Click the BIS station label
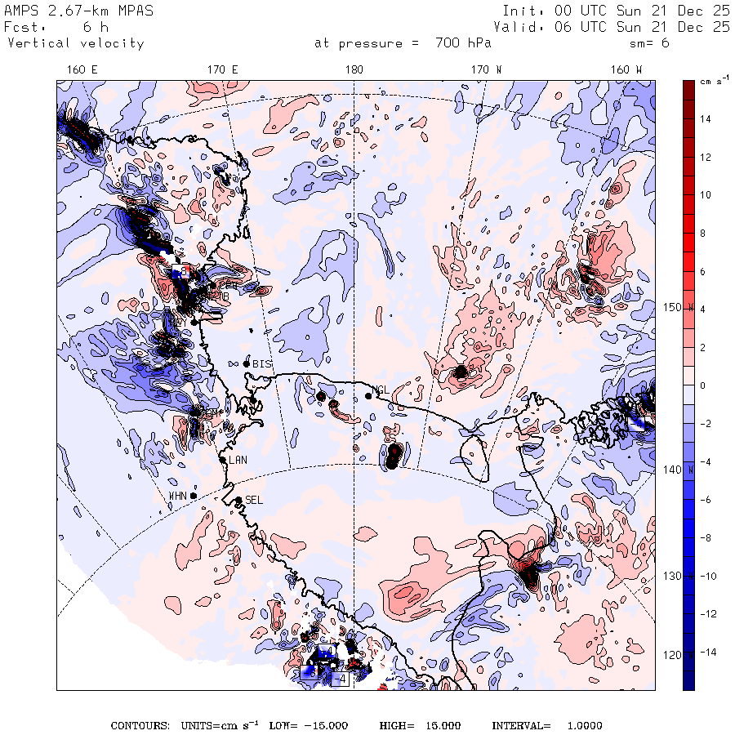(x=262, y=363)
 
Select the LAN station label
(x=238, y=460)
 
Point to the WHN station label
(x=178, y=496)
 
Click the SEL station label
(x=254, y=500)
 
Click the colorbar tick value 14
(x=704, y=119)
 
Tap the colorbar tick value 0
(x=704, y=385)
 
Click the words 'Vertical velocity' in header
(x=76, y=43)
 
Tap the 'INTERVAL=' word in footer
(x=521, y=725)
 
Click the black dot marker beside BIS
(x=247, y=363)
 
